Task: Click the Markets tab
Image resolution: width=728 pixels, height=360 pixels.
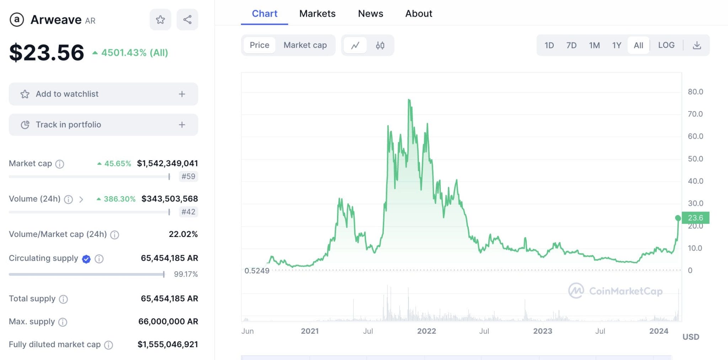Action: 317,14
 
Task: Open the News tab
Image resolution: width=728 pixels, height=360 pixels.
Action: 370,14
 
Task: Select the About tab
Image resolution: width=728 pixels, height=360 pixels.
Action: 418,14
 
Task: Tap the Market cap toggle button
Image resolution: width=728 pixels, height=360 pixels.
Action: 305,45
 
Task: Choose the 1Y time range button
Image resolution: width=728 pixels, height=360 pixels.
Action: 616,45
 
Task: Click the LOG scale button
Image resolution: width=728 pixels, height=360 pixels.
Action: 666,45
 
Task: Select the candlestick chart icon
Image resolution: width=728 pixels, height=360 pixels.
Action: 380,45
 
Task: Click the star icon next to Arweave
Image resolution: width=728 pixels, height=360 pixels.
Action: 160,20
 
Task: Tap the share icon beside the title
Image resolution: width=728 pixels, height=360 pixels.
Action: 187,20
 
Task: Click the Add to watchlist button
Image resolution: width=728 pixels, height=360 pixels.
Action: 103,94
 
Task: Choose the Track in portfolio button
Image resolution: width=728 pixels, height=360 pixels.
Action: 103,125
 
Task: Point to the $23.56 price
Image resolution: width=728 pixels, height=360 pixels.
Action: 47,53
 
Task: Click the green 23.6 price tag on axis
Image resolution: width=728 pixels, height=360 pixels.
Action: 695,217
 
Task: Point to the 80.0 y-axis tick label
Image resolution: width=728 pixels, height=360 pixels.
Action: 695,92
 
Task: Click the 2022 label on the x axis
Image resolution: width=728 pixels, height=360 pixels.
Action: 426,331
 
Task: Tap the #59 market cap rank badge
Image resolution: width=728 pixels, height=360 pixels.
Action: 188,176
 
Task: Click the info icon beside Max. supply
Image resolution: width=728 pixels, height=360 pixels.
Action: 63,322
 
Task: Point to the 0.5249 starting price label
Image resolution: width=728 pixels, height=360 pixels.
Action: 257,271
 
